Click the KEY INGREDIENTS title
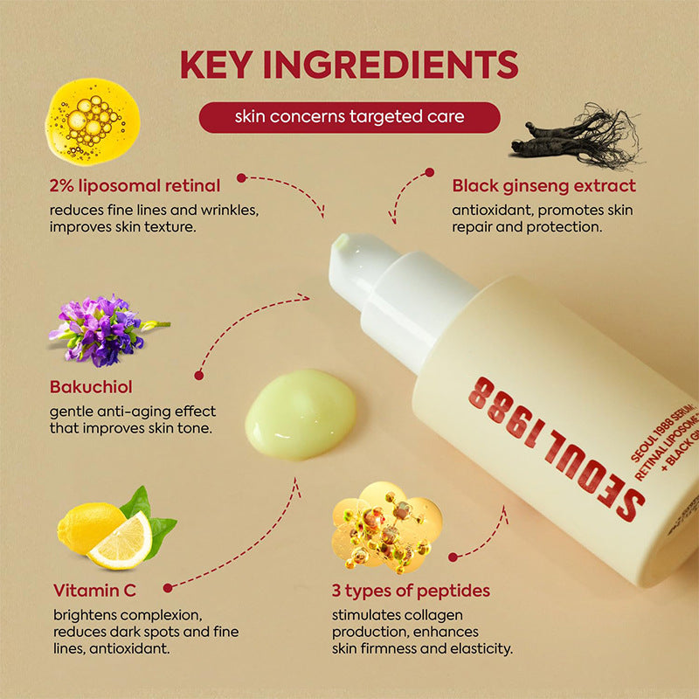[x=349, y=66]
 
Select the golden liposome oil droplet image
[x=93, y=121]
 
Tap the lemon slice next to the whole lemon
[x=121, y=541]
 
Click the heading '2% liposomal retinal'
[x=135, y=185]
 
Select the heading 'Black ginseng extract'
[x=543, y=185]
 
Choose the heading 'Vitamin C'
[x=94, y=589]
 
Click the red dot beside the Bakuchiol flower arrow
[x=199, y=375]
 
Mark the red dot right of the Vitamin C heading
[x=167, y=588]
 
